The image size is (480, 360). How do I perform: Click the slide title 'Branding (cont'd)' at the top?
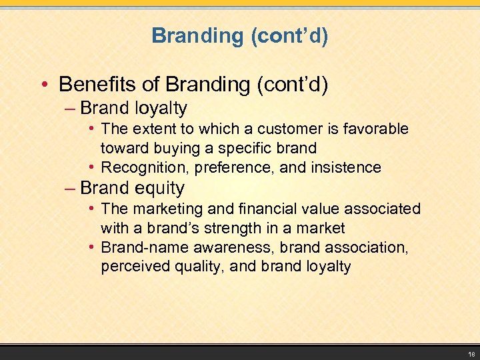tap(240, 35)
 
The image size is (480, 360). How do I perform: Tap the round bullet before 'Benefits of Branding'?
tap(44, 85)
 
